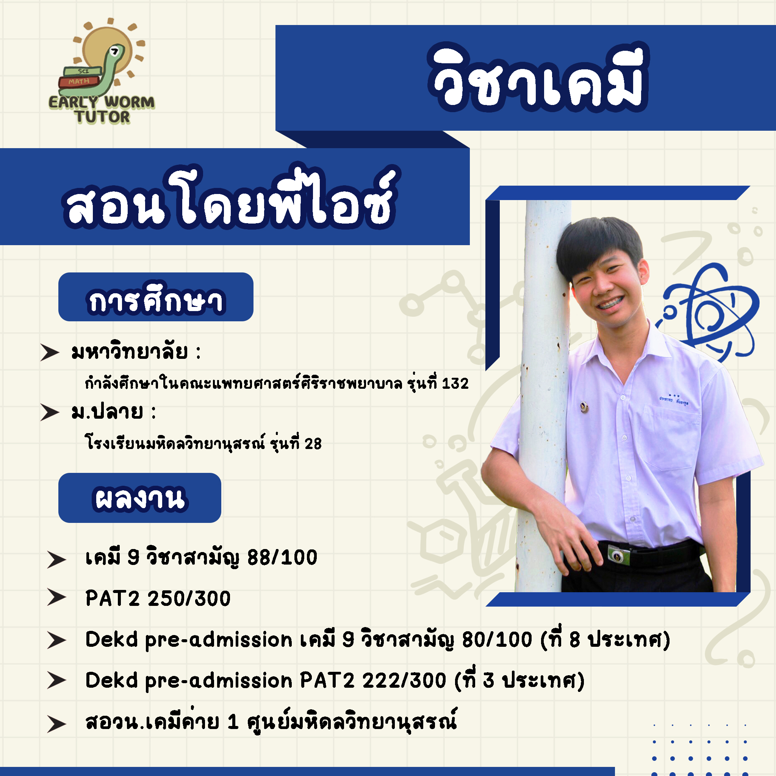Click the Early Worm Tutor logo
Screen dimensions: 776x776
point(102,72)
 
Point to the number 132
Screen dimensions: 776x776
point(455,383)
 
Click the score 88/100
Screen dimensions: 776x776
point(282,557)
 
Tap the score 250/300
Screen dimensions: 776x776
point(189,598)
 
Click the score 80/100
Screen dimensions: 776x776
point(497,640)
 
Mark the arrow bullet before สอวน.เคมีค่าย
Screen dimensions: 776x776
point(56,724)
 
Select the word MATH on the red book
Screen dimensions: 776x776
point(79,81)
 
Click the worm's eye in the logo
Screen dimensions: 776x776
point(114,51)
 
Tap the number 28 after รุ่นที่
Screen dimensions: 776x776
point(313,444)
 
